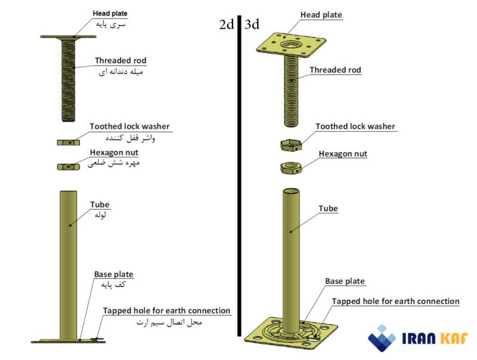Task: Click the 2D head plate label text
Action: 110,13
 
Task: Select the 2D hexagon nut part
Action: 69,166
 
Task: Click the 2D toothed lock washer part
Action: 69,142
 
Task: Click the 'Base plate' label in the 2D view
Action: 113,274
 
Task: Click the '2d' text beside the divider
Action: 227,24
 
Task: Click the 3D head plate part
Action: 292,45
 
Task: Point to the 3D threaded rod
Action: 292,89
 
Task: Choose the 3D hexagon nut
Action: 290,167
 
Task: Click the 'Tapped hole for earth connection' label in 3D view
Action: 395,302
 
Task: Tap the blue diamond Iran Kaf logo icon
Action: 382,338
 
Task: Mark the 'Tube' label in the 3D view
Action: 328,209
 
